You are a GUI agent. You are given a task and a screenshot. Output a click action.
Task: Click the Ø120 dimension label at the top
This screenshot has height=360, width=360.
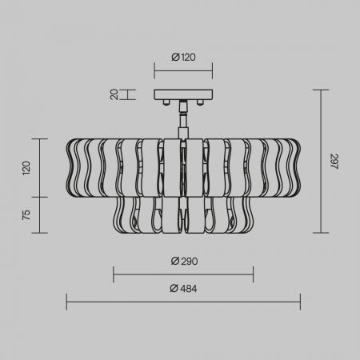[183, 57]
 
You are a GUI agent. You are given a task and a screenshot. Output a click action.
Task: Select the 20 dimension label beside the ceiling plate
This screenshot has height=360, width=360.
[114, 94]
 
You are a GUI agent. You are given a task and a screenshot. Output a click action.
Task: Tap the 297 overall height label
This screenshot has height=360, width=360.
[334, 162]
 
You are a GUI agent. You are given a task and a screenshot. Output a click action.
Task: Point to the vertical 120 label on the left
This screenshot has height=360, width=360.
[26, 168]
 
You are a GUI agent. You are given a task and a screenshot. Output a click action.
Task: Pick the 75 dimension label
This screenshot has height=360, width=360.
[26, 215]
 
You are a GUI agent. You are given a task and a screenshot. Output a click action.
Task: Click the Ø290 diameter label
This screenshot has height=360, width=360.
[184, 261]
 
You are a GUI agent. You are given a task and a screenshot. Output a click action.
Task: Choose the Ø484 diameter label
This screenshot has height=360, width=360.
[183, 289]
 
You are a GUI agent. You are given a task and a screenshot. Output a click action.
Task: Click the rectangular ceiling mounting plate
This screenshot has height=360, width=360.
[183, 94]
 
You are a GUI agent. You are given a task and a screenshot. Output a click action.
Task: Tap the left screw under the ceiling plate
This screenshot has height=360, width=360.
[166, 102]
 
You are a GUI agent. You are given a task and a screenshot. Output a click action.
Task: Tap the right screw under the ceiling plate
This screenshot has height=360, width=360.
[200, 102]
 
